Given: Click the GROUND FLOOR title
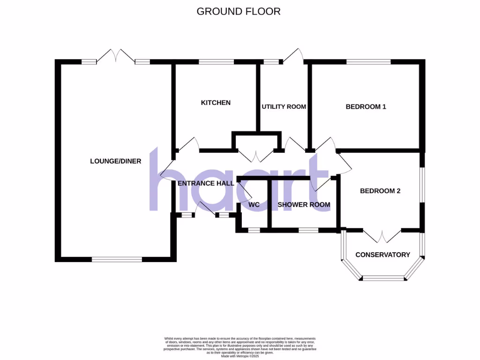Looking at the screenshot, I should tap(239, 11).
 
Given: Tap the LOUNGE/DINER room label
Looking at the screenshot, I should tap(116, 161).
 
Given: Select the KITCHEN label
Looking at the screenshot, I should tap(216, 103).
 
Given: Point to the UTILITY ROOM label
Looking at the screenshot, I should tap(284, 106).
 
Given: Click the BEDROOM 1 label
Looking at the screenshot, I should tap(366, 106).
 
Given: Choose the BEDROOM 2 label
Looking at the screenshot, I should tap(380, 191).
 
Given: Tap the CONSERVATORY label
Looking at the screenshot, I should tap(382, 255).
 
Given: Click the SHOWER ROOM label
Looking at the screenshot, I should tap(304, 204).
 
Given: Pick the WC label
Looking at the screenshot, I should tap(254, 204).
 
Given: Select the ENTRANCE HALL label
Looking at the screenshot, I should tap(206, 183).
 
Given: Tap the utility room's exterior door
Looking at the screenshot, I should tap(293, 56).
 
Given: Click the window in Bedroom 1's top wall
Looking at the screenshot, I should tap(368, 61).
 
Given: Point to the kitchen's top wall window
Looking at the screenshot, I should tap(216, 61).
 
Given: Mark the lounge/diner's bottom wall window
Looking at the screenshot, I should tap(117, 259).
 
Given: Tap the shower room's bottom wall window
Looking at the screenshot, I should tap(308, 230).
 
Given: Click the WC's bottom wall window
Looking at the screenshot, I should tap(254, 230).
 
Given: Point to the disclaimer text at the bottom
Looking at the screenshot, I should tap(240, 347).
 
